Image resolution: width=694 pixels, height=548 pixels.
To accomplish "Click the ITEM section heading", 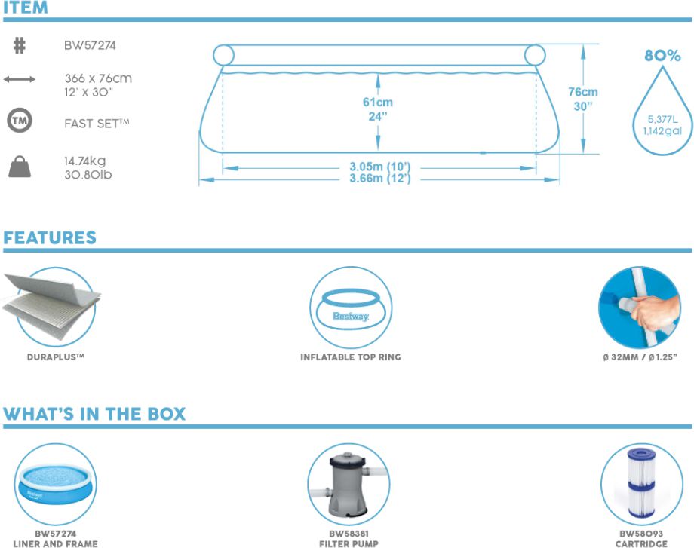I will coord(26,8).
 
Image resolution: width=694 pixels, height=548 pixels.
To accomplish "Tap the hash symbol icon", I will coord(20,46).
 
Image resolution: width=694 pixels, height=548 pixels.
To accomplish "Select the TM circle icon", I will coord(20,121).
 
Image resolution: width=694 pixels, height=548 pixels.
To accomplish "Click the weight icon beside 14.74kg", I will coord(20,167).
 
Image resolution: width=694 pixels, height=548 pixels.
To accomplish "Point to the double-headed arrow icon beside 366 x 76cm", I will coord(20,78).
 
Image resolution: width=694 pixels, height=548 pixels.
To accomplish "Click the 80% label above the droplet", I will coord(662,56).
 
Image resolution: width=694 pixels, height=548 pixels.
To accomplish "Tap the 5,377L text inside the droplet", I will coord(662,119).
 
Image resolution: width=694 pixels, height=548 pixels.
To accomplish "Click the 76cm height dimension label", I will coord(583,92).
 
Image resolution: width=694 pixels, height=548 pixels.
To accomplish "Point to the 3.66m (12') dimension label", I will coord(380,179).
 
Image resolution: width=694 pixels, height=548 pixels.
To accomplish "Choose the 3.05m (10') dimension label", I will coord(380,167).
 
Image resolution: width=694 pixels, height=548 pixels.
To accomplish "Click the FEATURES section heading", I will coord(50,238).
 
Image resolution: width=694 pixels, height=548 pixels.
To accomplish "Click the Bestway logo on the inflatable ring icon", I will coord(351,317).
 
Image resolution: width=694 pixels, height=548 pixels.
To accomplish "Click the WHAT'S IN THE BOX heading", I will coord(94,415).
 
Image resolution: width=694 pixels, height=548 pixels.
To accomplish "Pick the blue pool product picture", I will coord(56,482).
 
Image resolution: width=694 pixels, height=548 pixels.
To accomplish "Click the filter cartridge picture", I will coord(640,482).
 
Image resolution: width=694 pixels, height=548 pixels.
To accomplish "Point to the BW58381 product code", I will coord(349,533).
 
